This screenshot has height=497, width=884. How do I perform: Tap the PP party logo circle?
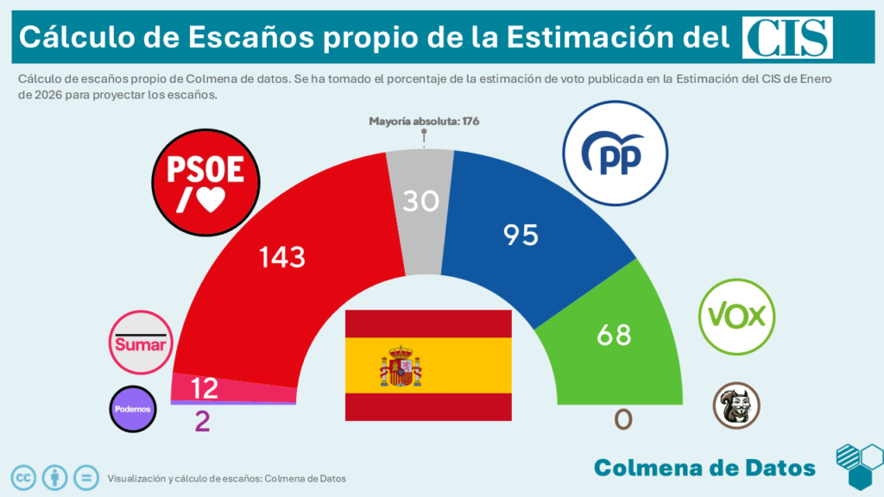615,154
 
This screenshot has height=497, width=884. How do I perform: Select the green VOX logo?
736,316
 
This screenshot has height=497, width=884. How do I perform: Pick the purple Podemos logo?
133,409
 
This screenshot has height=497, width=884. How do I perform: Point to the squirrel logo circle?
736,406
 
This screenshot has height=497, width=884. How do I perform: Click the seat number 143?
283,257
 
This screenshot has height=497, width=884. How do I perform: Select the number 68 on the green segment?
614,335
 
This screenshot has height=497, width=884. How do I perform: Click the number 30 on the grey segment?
421,201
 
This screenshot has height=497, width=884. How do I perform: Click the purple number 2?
203,421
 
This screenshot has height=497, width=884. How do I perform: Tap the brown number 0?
622,419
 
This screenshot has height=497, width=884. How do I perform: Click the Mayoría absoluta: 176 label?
424,122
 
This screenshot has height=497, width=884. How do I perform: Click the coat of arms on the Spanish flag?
401,366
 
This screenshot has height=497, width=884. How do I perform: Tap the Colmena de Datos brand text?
704,468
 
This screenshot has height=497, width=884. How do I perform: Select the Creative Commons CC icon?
23,476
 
